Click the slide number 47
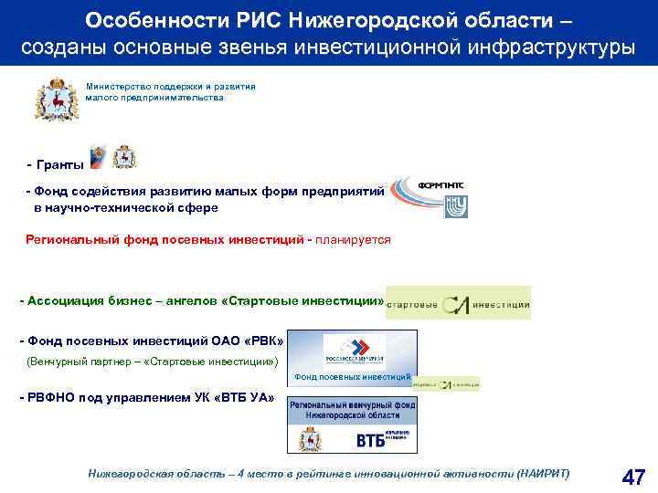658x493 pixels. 632,477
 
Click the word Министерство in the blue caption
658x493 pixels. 118,86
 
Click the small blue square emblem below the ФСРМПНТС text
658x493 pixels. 455,205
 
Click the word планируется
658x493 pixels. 353,240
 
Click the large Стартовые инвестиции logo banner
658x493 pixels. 458,303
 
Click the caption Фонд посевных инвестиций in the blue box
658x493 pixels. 353,376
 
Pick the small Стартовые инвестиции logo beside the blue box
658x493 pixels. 446,384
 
